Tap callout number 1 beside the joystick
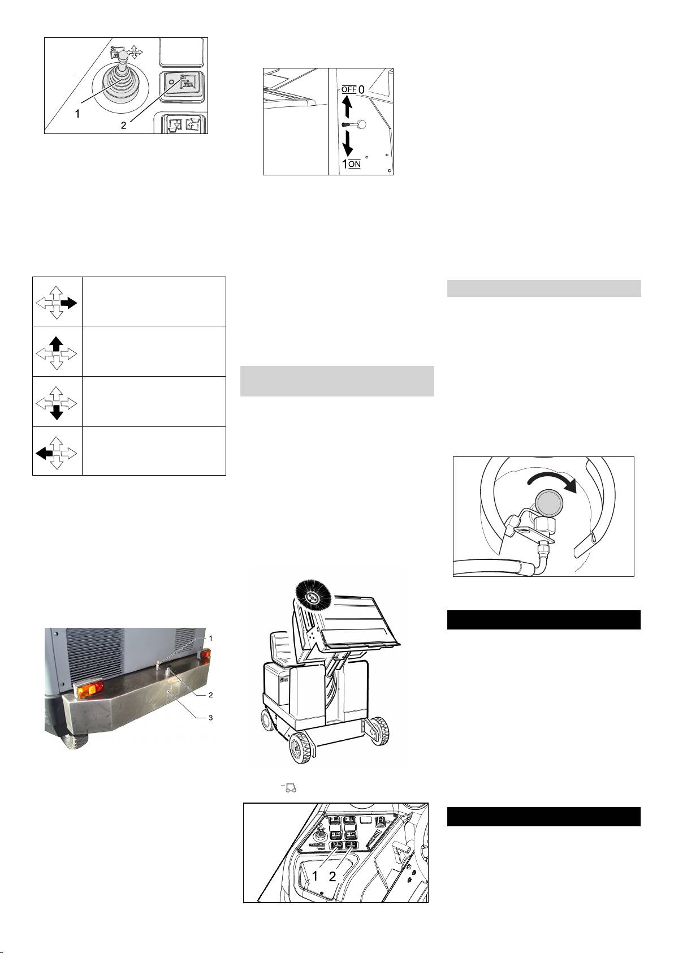77,114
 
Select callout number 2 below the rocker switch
124,126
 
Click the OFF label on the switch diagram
349,90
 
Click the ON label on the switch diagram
355,164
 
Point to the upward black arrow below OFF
347,106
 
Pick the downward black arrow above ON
347,143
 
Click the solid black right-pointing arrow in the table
69,303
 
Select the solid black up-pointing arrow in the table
57,344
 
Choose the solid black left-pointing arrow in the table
44,454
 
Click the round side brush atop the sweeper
312,598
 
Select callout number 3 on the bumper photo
210,717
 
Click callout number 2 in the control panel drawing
332,876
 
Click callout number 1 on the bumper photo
210,638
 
